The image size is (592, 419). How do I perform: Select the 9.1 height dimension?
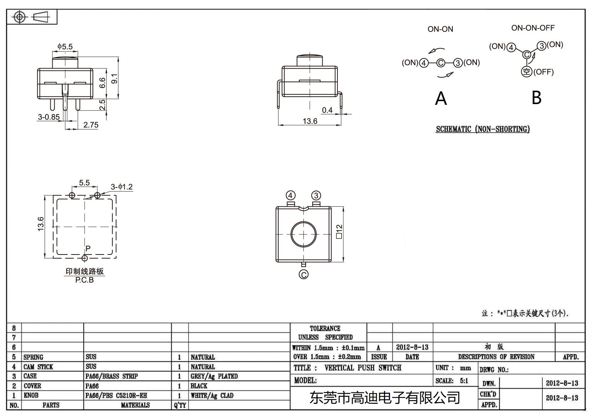pyautogui.click(x=115, y=79)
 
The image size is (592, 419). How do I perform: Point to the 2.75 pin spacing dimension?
pyautogui.click(x=91, y=125)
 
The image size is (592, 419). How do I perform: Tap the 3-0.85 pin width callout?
pyautogui.click(x=48, y=117)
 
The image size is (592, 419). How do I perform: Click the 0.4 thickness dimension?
pyautogui.click(x=327, y=110)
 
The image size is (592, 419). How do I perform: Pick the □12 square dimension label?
pyautogui.click(x=339, y=231)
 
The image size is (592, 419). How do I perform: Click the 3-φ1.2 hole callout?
pyautogui.click(x=122, y=187)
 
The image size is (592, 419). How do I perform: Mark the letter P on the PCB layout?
pyautogui.click(x=88, y=248)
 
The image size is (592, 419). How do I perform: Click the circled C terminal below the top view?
pyautogui.click(x=303, y=275)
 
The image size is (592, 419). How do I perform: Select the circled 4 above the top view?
pyautogui.click(x=290, y=195)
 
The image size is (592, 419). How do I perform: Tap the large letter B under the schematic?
pyautogui.click(x=536, y=98)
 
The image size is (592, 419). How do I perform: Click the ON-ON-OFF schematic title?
pyautogui.click(x=533, y=28)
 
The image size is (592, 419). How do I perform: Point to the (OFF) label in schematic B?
pyautogui.click(x=544, y=72)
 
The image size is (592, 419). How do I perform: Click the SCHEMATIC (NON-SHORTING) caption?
pyautogui.click(x=482, y=129)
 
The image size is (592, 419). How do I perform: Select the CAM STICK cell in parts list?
pyautogui.click(x=38, y=367)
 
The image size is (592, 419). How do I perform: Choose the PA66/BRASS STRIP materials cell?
pyautogui.click(x=111, y=376)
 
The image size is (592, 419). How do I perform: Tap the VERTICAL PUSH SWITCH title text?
pyautogui.click(x=363, y=368)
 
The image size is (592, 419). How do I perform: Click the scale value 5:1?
pyautogui.click(x=464, y=380)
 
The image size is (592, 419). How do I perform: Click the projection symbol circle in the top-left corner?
pyautogui.click(x=19, y=17)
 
